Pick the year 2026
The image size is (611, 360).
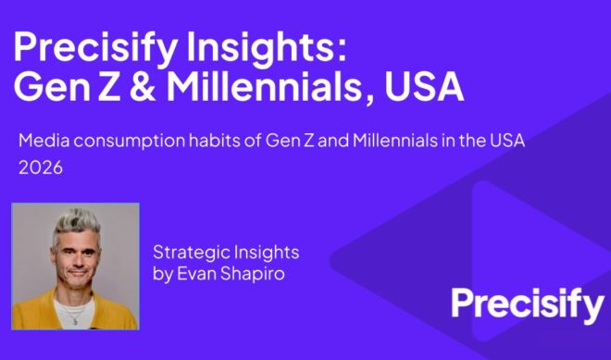point(40,170)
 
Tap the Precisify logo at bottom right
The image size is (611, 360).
point(526,304)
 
